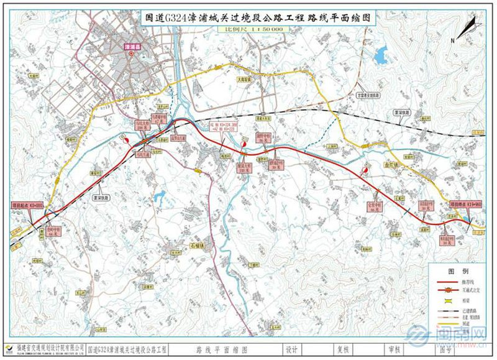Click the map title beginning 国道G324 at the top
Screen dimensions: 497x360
[248, 18]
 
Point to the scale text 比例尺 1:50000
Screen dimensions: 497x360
[248, 29]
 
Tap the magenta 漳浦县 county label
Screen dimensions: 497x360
[132, 46]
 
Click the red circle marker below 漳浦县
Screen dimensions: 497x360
[132, 53]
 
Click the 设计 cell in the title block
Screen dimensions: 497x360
[291, 350]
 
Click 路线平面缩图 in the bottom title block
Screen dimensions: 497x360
[221, 350]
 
